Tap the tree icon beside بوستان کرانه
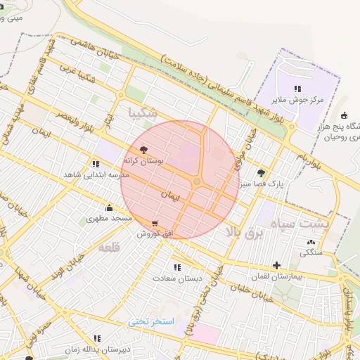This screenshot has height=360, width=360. click(x=144, y=150)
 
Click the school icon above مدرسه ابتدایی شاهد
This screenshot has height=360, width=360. click(x=96, y=164)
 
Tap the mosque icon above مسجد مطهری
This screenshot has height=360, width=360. click(x=109, y=208)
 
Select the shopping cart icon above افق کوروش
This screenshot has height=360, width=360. click(x=154, y=224)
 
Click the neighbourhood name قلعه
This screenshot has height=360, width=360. click(x=110, y=247)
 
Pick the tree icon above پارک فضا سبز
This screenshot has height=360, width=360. click(x=262, y=173)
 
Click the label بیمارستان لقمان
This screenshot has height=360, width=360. click(x=278, y=277)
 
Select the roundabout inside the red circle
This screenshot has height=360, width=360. click(x=198, y=182)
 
